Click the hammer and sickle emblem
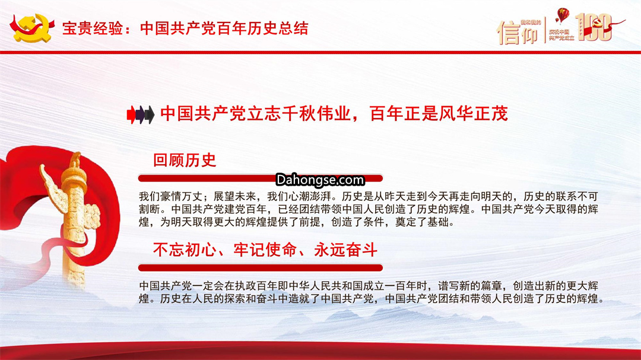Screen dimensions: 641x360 point(32,28)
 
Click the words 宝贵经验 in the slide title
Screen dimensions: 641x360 point(93,28)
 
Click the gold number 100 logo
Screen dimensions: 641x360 point(593,27)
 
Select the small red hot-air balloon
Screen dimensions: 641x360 point(563,16)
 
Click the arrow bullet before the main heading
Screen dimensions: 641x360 point(141,114)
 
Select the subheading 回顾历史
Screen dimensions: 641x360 point(185,160)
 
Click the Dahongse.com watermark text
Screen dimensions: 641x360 point(320,180)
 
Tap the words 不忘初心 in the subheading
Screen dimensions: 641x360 point(185,250)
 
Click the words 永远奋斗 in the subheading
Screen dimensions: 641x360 point(345,250)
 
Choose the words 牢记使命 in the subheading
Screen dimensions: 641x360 point(265,250)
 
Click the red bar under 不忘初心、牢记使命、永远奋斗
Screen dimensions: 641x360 point(261,268)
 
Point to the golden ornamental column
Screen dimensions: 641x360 point(74,216)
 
